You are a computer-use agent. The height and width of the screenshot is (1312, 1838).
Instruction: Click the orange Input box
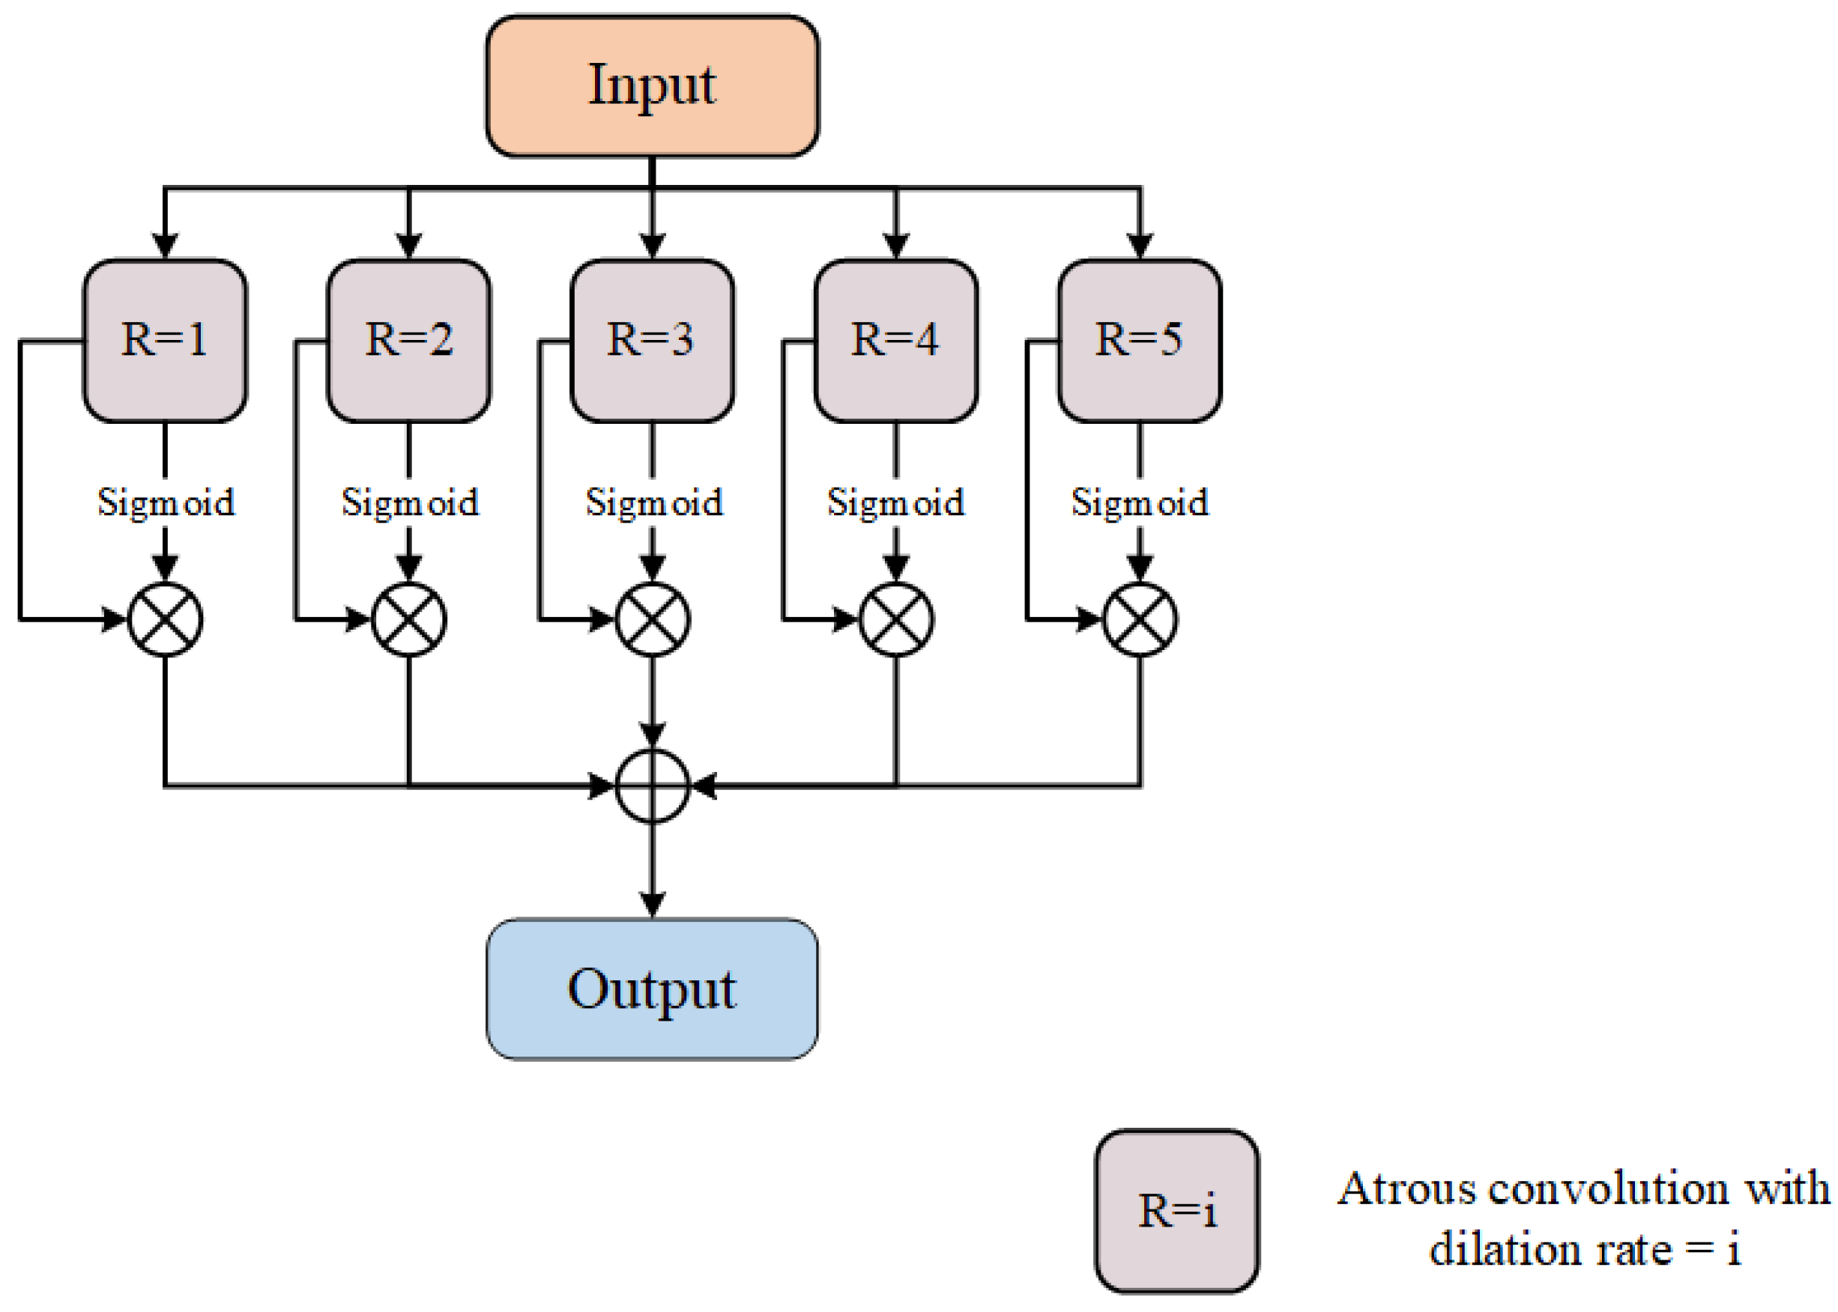(x=651, y=85)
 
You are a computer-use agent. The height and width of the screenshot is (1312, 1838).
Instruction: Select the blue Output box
(x=651, y=988)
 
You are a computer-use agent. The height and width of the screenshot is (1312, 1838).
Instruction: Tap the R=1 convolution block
(x=165, y=340)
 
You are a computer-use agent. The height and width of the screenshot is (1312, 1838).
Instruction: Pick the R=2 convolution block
(x=408, y=340)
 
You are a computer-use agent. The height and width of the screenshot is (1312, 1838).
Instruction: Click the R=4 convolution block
(x=895, y=340)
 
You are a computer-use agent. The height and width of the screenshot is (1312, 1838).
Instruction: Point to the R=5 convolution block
(x=1139, y=340)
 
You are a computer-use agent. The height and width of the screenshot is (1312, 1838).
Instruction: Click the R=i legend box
(x=1176, y=1210)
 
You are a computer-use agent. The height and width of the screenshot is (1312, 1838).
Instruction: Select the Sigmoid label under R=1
(x=166, y=502)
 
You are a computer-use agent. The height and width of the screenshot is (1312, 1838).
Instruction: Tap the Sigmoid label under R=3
(x=653, y=502)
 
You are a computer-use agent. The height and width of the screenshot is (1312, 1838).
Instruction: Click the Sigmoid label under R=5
(x=1140, y=502)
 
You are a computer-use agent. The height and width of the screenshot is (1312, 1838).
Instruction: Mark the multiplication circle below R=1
(x=165, y=619)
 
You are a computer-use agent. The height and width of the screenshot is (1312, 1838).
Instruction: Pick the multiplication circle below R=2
(x=408, y=619)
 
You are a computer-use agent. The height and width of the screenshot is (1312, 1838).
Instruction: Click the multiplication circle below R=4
(x=895, y=619)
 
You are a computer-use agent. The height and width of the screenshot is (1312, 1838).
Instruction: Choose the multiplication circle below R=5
(x=1140, y=619)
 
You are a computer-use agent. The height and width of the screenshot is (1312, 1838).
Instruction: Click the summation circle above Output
(x=653, y=786)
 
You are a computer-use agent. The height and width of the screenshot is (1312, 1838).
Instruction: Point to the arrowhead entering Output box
(x=653, y=905)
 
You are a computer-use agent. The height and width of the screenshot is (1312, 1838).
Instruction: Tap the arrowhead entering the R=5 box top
(x=1139, y=245)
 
